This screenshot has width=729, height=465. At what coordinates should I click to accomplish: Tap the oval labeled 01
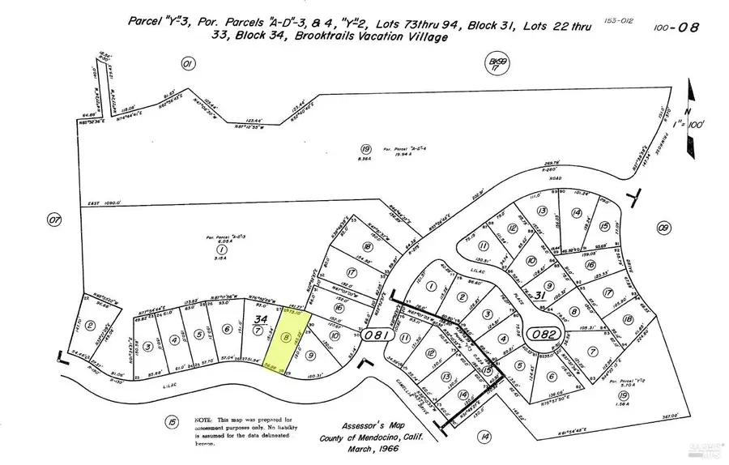(189, 63)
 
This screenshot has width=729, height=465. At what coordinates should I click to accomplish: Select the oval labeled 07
(55, 220)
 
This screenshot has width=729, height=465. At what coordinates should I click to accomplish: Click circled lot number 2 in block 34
(91, 326)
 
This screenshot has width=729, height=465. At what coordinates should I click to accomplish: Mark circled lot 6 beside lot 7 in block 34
(228, 330)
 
